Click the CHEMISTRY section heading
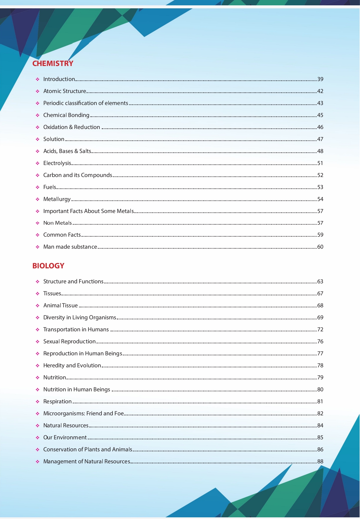point(53,63)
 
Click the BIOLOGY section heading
point(48,266)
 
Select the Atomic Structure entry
point(65,91)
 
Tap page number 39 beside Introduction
point(320,79)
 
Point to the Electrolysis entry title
point(57,163)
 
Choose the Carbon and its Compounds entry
point(77,175)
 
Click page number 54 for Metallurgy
point(320,199)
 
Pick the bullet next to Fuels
point(38,187)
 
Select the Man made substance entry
point(70,247)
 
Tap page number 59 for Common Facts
point(320,235)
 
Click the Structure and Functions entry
point(73,281)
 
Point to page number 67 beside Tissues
point(320,293)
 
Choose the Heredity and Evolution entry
point(72,365)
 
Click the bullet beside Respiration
point(38,402)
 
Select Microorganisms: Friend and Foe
point(83,413)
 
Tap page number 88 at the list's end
point(320,461)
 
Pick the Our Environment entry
point(65,437)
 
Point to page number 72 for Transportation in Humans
point(320,329)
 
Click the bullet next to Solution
point(38,139)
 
